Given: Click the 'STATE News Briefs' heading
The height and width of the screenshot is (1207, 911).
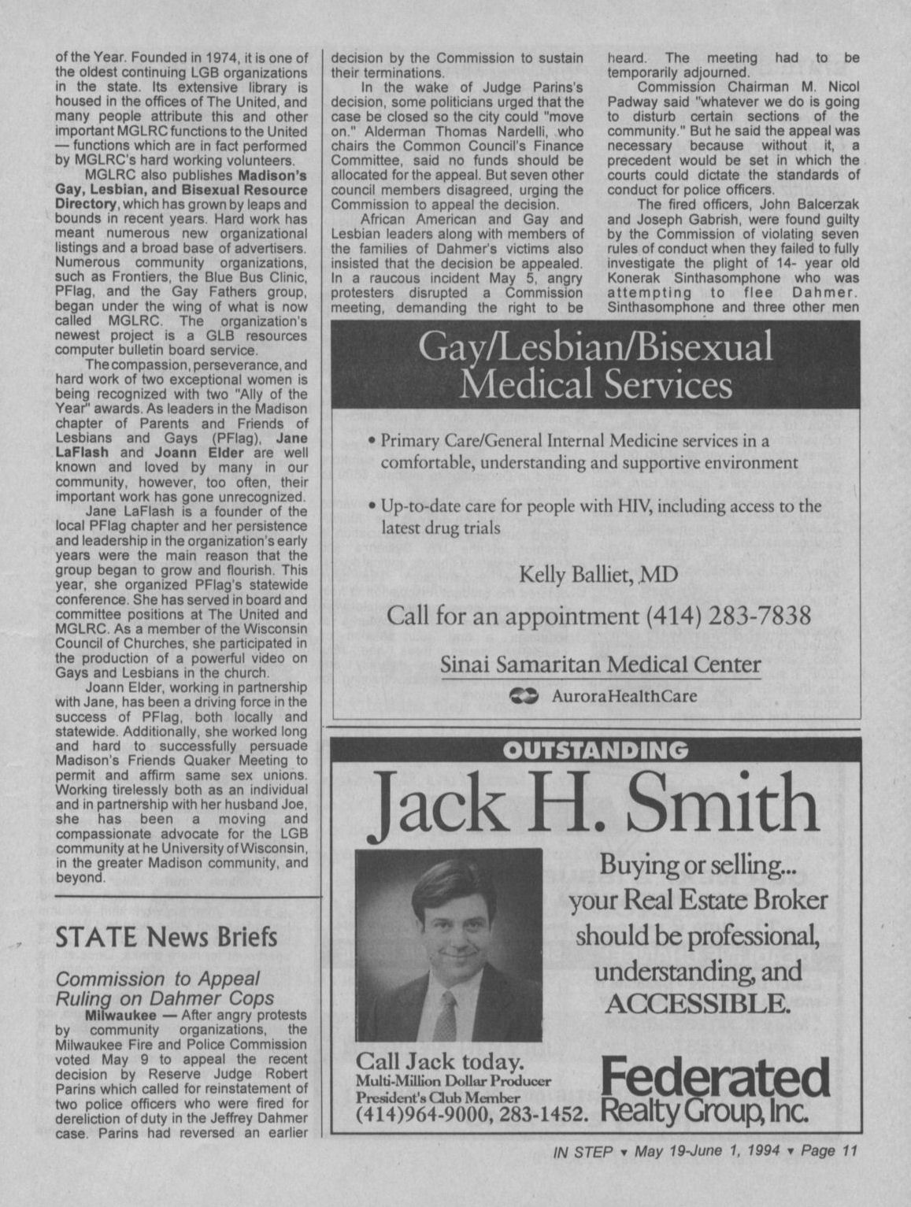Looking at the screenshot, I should [166, 937].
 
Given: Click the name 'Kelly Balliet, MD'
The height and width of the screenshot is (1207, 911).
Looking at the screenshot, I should [598, 576].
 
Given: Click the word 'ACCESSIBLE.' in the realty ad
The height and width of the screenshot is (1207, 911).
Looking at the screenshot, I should [697, 1004].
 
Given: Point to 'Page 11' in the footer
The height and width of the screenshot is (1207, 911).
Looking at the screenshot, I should [828, 1150].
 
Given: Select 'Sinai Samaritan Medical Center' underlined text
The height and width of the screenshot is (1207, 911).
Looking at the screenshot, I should [600, 664].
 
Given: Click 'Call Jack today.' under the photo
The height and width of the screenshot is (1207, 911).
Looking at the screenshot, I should [440, 1059].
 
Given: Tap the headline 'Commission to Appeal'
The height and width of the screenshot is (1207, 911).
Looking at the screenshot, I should [157, 979].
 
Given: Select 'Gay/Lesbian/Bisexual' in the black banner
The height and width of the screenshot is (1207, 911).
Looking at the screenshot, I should [595, 348].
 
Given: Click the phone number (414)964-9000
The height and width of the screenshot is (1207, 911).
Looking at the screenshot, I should [412, 1115].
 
